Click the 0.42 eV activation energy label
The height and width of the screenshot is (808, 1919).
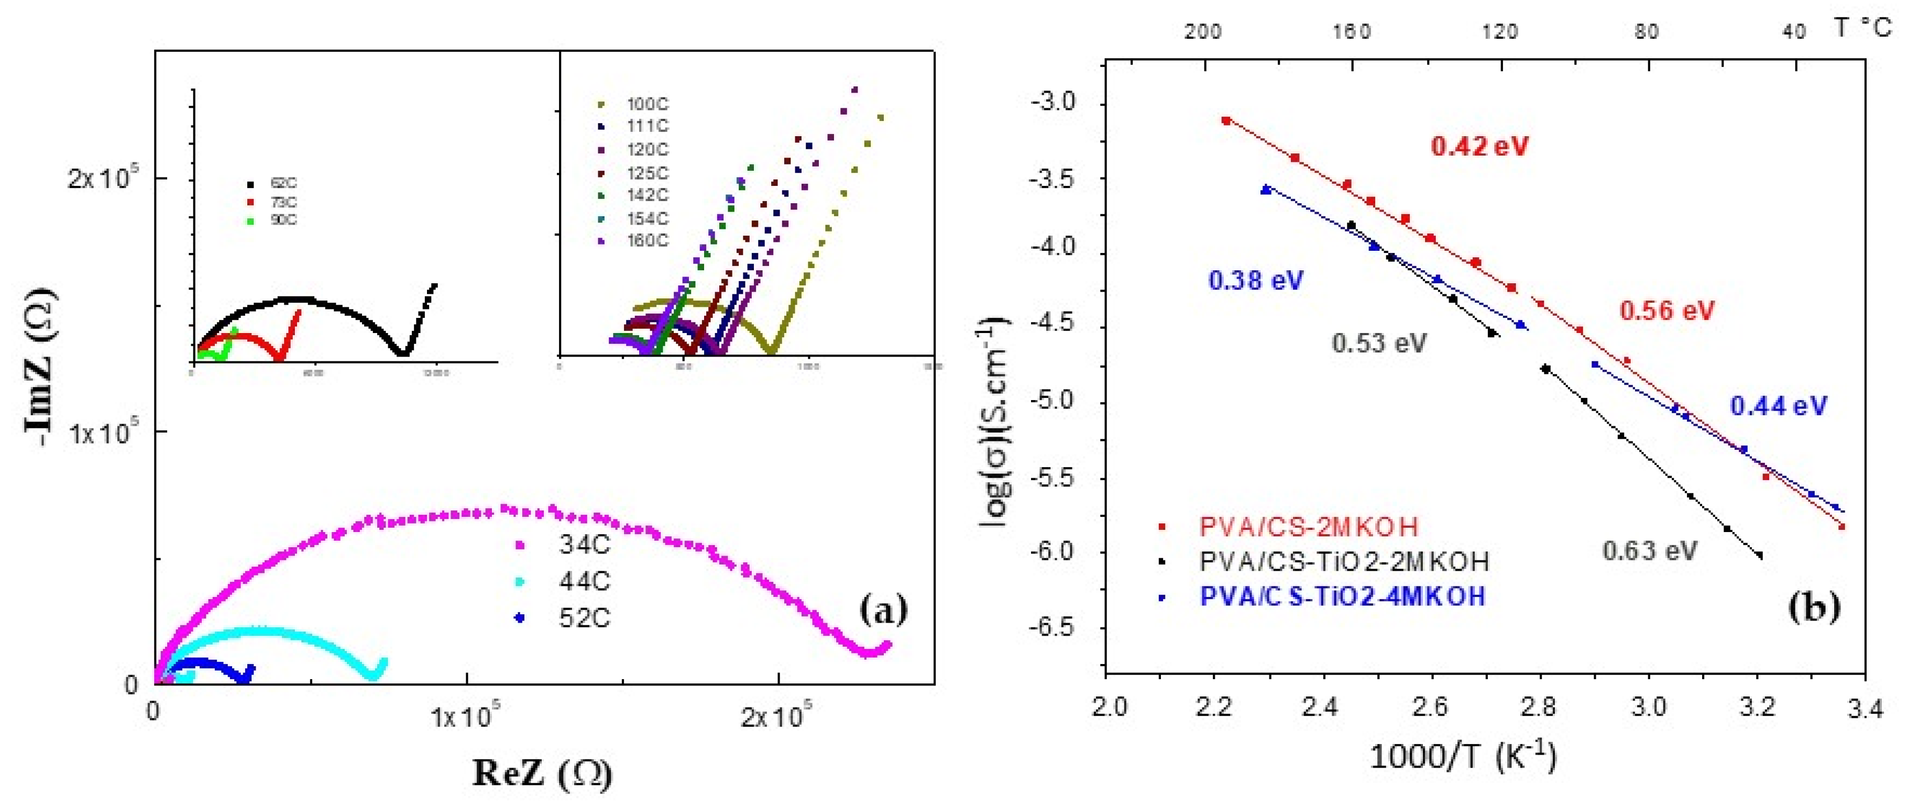1479,146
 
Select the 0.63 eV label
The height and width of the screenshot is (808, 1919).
1649,551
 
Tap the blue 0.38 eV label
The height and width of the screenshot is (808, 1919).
1255,281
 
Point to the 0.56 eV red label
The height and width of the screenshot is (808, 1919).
1667,310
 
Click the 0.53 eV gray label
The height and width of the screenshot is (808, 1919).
1379,344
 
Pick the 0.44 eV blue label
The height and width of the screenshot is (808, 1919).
1778,406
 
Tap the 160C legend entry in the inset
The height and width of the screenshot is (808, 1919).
646,240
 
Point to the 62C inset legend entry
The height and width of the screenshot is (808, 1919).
283,183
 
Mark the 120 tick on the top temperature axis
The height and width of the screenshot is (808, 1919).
1499,32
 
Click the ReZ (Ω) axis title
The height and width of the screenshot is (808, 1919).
542,774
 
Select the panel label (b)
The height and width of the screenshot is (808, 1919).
1813,607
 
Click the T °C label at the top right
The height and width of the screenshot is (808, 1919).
1862,28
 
